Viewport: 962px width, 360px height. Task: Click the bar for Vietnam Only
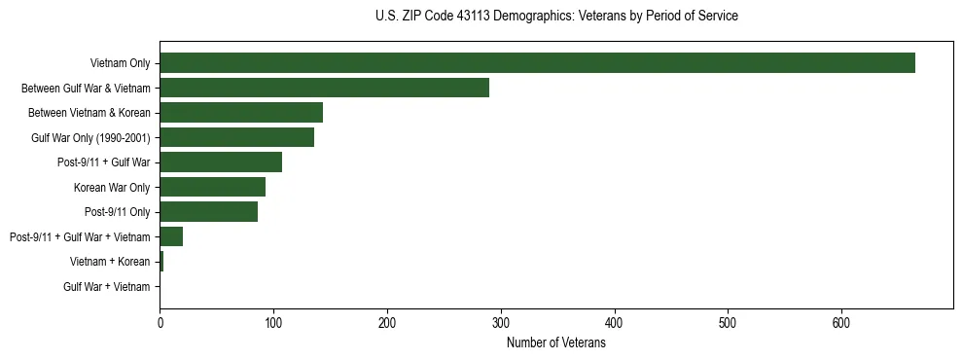(537, 63)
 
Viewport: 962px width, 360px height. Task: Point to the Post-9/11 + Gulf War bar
(221, 162)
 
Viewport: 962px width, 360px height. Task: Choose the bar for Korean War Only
(212, 187)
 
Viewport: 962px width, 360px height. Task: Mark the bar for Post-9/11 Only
(208, 211)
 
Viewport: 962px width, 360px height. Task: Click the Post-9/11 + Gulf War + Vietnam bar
(171, 236)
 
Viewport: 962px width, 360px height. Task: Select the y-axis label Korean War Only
(112, 187)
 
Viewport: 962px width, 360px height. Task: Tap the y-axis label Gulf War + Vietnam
(107, 286)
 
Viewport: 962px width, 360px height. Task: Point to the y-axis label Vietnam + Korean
(110, 262)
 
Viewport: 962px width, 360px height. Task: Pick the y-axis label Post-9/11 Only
(117, 212)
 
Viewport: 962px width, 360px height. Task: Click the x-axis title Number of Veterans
(555, 343)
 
